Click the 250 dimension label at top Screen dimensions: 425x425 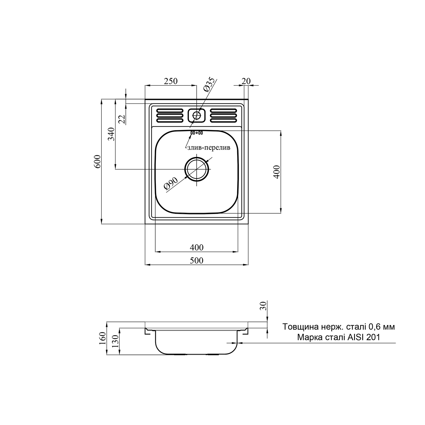171,81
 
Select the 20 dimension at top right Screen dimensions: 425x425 246,81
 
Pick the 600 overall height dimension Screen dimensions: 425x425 97,161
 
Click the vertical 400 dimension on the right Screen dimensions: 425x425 277,171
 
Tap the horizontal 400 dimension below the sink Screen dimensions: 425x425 197,247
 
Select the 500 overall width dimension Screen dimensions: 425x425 197,260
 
